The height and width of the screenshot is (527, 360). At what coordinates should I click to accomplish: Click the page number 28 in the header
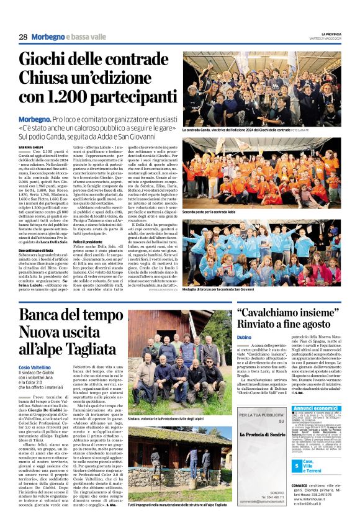point(23,37)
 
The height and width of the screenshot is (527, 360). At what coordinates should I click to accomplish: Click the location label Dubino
point(245,336)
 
